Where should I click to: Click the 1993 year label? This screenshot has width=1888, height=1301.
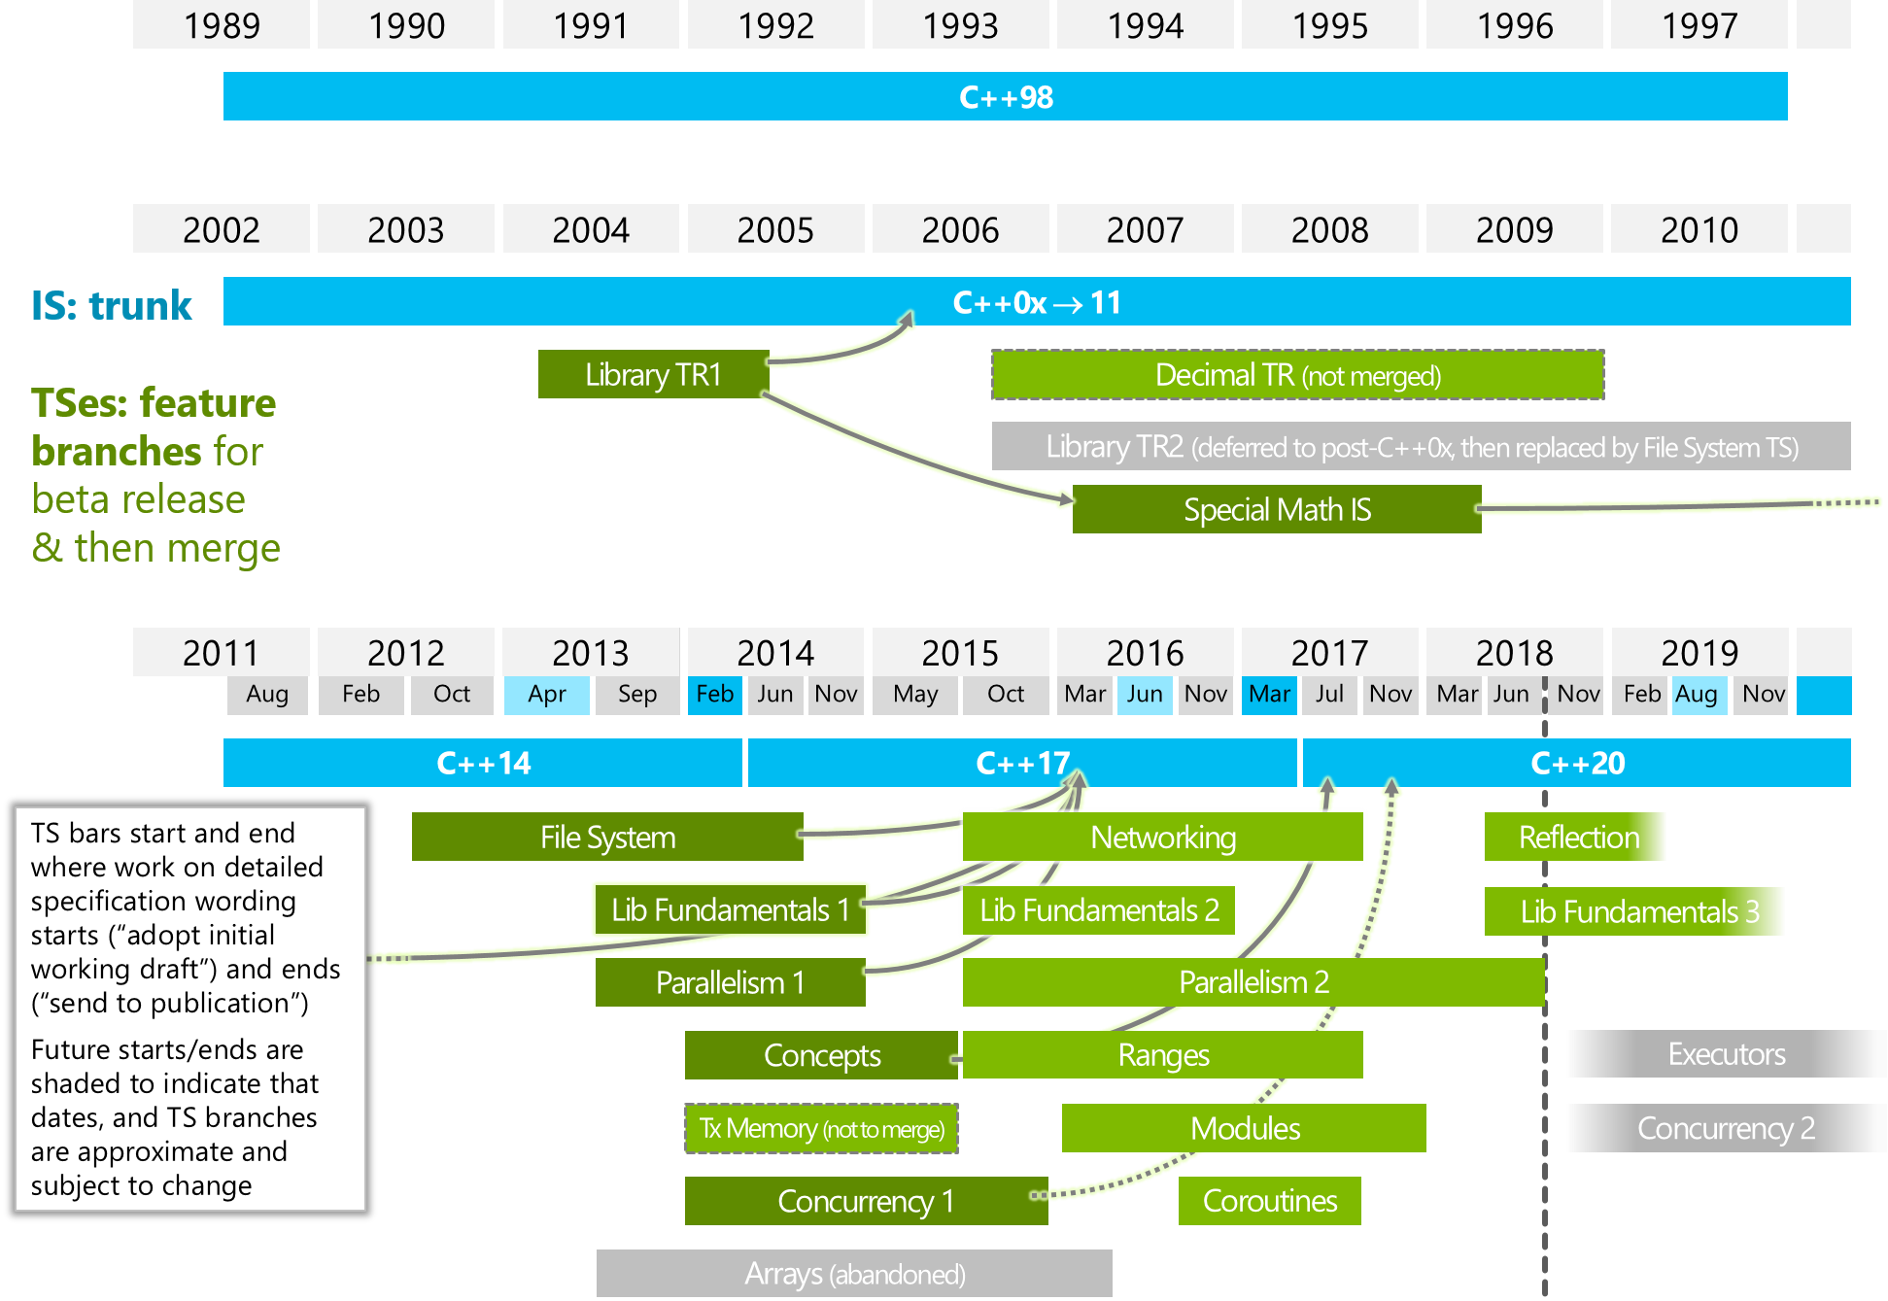[x=960, y=25]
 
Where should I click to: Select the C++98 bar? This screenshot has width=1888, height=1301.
[x=1006, y=96]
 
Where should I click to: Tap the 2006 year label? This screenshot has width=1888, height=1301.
[x=960, y=229]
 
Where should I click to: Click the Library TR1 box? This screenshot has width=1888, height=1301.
[x=654, y=374]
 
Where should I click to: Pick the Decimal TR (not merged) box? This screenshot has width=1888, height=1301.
[x=1298, y=375]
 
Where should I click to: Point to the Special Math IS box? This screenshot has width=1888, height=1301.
[x=1277, y=509]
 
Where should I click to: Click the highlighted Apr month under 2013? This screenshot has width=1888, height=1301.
[x=547, y=695]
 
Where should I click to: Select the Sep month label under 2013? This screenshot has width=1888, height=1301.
[x=637, y=695]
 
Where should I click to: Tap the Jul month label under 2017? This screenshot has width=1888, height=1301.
[x=1329, y=695]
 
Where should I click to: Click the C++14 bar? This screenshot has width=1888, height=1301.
[x=483, y=763]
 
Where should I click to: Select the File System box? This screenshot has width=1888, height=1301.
[x=607, y=837]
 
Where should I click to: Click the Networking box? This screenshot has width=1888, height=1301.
[x=1163, y=837]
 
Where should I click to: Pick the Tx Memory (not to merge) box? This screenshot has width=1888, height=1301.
[x=822, y=1128]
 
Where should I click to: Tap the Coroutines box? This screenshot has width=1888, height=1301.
[x=1270, y=1201]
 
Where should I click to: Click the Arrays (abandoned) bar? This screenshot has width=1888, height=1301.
[x=855, y=1273]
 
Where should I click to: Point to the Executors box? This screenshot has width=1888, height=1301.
[x=1727, y=1054]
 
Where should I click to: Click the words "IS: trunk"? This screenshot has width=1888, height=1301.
[x=112, y=305]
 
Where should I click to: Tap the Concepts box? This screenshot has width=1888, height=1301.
[x=822, y=1055]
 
